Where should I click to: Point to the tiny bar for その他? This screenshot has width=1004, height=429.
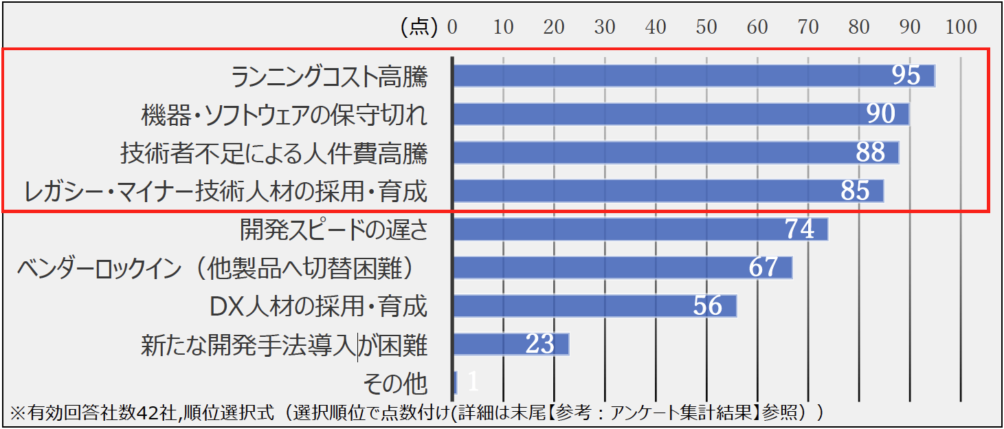coord(456,382)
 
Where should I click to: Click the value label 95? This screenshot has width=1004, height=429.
coord(906,76)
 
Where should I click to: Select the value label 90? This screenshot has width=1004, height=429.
coord(881,114)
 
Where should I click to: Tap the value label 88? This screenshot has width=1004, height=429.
coord(870,153)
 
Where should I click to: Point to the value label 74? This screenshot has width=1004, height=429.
coord(800,229)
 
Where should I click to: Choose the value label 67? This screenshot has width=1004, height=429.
coord(763,267)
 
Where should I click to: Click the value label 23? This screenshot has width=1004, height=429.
coord(539,344)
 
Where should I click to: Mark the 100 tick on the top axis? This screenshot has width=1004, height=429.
coord(961,27)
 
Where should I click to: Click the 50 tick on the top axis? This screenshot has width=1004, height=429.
coord(706,27)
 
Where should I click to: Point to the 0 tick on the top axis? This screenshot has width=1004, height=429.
coord(452,27)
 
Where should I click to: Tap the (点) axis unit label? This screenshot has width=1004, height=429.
coord(419,27)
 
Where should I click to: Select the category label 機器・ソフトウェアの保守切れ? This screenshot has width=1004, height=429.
coord(284,115)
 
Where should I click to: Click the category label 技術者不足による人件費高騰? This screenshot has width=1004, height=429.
coord(274,153)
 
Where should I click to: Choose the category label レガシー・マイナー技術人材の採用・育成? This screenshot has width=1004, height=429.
coord(225,191)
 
